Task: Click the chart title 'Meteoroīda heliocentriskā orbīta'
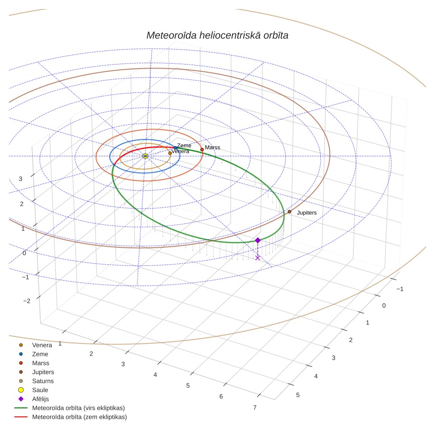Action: point(217,36)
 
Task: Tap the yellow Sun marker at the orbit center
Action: point(145,156)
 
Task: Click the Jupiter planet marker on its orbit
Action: point(289,212)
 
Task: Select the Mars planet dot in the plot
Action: point(202,149)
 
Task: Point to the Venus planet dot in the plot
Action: point(170,153)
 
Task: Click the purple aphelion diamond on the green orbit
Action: point(258,240)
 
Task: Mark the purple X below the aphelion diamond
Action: point(258,258)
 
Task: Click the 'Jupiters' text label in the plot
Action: point(306,213)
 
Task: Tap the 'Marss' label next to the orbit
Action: point(213,148)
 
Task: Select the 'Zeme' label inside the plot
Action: point(184,145)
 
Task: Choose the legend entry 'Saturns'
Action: point(43,381)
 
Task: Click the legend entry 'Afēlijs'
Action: point(41,399)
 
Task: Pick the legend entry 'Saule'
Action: point(40,390)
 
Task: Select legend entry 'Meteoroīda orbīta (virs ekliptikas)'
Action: point(79,408)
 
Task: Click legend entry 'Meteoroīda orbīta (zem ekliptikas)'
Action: point(79,417)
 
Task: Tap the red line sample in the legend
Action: point(21,417)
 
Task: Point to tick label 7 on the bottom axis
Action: point(255,407)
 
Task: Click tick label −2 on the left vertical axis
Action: point(27,301)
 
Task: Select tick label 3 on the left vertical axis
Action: point(20,179)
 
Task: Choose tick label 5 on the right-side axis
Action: point(298,395)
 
